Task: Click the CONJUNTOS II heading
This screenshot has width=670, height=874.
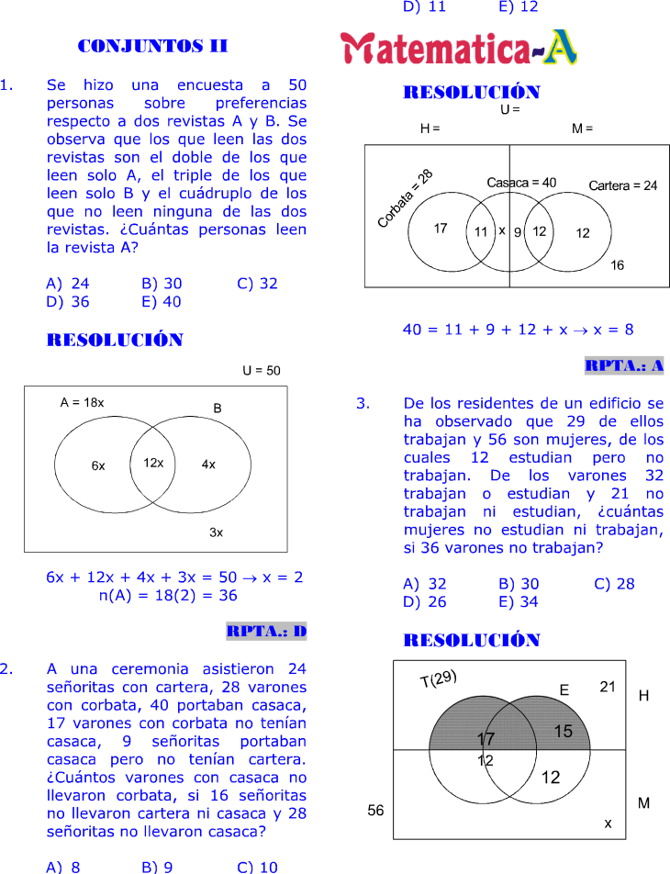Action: (x=153, y=46)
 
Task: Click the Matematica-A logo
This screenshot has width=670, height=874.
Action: (x=459, y=49)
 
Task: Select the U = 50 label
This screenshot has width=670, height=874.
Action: (x=262, y=371)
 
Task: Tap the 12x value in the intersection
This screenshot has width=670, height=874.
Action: (x=153, y=463)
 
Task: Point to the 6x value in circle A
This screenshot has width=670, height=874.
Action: (x=98, y=465)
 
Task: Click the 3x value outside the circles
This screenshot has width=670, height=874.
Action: (x=216, y=532)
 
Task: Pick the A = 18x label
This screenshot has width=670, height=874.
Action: (x=83, y=402)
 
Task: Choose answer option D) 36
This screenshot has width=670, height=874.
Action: (x=68, y=301)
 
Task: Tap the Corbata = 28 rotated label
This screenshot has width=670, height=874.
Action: (x=405, y=198)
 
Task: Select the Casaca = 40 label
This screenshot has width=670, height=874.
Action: (x=521, y=183)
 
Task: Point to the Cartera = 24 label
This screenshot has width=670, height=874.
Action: (x=622, y=185)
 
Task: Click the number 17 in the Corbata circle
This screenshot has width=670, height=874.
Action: (x=441, y=229)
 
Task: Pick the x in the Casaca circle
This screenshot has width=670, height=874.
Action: (x=502, y=230)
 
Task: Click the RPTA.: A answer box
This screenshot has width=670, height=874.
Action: (x=624, y=365)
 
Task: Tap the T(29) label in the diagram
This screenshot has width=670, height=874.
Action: (x=438, y=680)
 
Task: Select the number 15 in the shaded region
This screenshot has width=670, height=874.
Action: (x=563, y=731)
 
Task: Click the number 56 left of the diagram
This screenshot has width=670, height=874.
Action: (x=375, y=811)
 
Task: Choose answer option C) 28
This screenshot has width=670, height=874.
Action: (x=614, y=583)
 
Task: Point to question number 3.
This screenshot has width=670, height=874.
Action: (x=363, y=403)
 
